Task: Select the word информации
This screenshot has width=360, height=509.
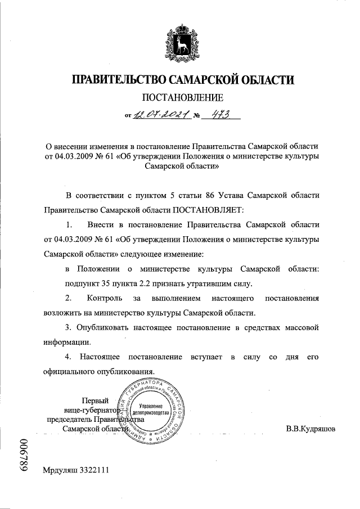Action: [65, 341]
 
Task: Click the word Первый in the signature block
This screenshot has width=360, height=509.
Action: [95, 400]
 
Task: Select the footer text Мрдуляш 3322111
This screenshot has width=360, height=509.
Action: [75, 484]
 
